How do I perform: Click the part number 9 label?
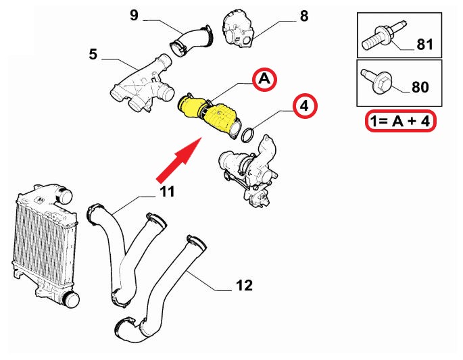(135, 14)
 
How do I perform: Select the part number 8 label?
(303, 14)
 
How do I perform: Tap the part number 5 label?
(93, 54)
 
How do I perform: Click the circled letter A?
(264, 80)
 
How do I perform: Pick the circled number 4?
(304, 106)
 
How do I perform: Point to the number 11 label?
(167, 191)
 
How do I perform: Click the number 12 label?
(244, 285)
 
